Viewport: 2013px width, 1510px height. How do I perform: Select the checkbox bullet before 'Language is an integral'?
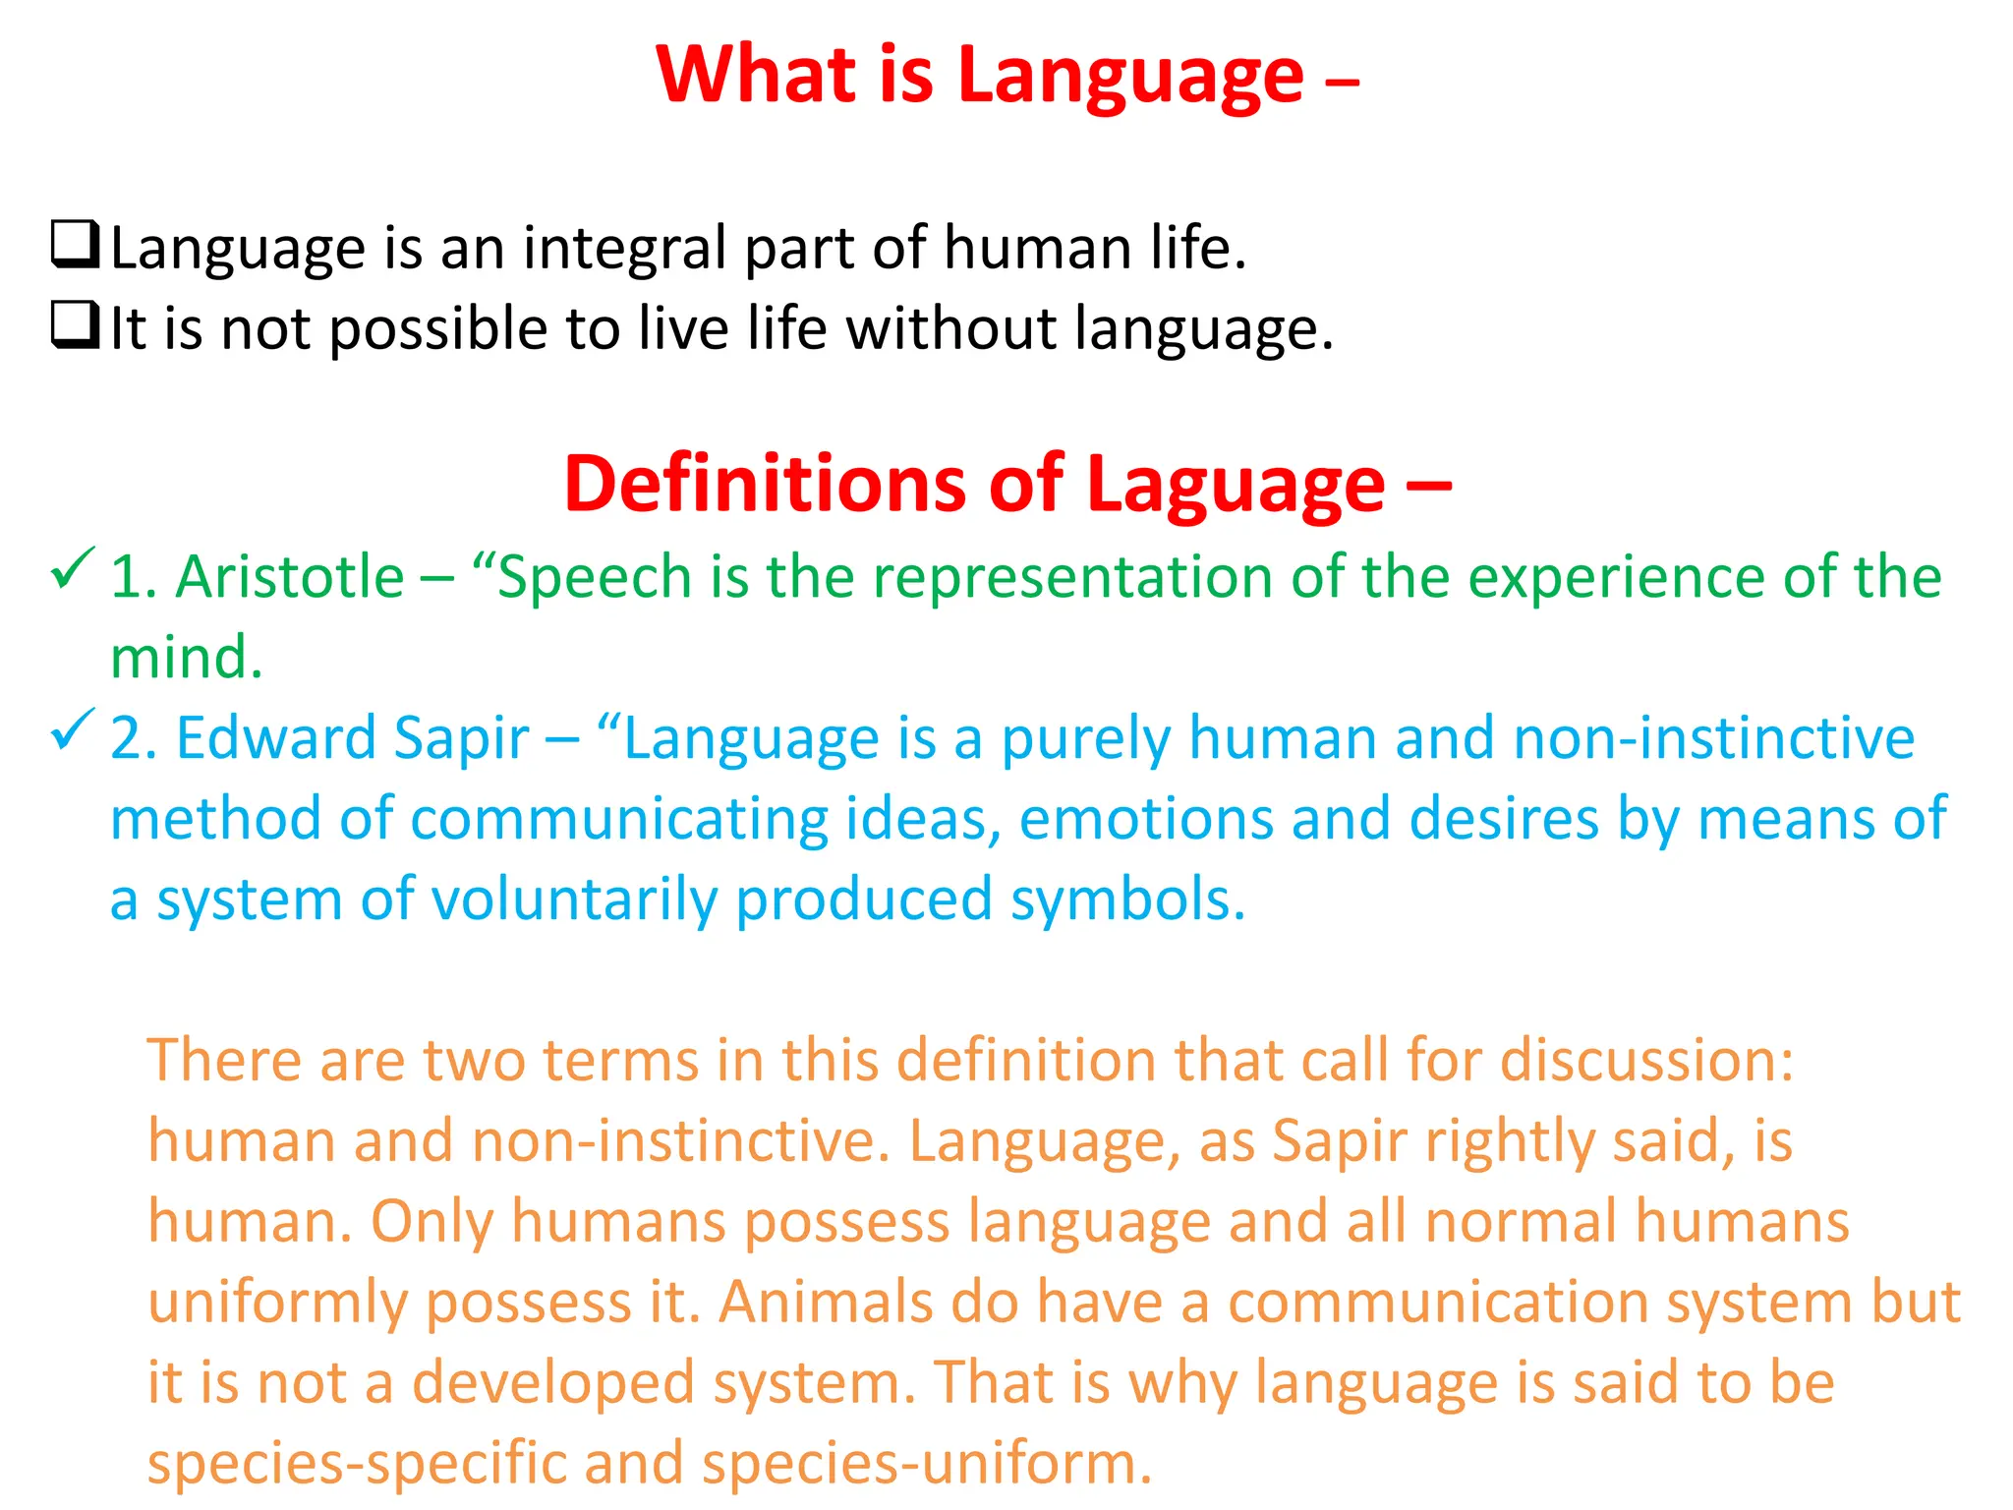pyautogui.click(x=75, y=245)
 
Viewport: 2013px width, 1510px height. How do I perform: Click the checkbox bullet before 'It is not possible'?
pyautogui.click(x=75, y=325)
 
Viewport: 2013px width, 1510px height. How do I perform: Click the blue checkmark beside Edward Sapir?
pyautogui.click(x=72, y=730)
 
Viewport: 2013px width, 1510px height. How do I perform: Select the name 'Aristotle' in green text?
pyautogui.click(x=289, y=576)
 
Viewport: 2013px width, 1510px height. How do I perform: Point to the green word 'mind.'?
pyautogui.click(x=187, y=657)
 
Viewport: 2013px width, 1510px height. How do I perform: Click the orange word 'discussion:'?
pyautogui.click(x=1647, y=1060)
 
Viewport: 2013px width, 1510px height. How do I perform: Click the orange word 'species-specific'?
pyautogui.click(x=357, y=1463)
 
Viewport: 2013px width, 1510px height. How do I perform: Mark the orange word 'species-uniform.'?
pyautogui.click(x=927, y=1463)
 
